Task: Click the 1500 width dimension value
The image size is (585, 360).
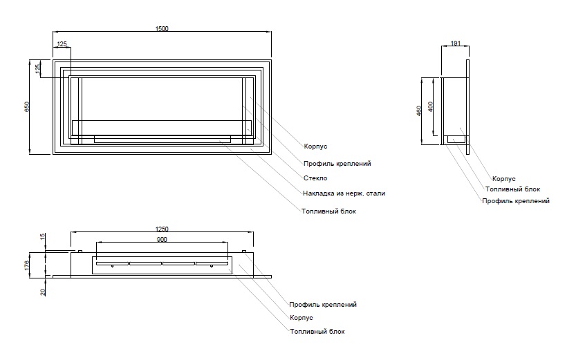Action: (162, 28)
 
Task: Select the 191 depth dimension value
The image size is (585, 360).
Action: (456, 44)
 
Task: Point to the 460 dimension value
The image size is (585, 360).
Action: (420, 111)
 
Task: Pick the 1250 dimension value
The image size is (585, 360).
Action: (162, 229)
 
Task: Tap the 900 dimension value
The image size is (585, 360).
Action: (162, 239)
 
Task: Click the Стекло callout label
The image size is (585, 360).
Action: (315, 178)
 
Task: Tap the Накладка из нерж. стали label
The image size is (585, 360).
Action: (344, 193)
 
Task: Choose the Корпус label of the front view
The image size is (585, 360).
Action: (315, 146)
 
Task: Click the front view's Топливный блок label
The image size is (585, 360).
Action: (328, 211)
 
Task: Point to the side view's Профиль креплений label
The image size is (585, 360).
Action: (516, 201)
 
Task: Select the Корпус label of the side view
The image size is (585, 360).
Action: (503, 178)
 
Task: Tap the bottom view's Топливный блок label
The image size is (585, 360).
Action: (317, 332)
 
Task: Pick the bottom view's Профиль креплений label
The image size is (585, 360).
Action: (323, 304)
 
